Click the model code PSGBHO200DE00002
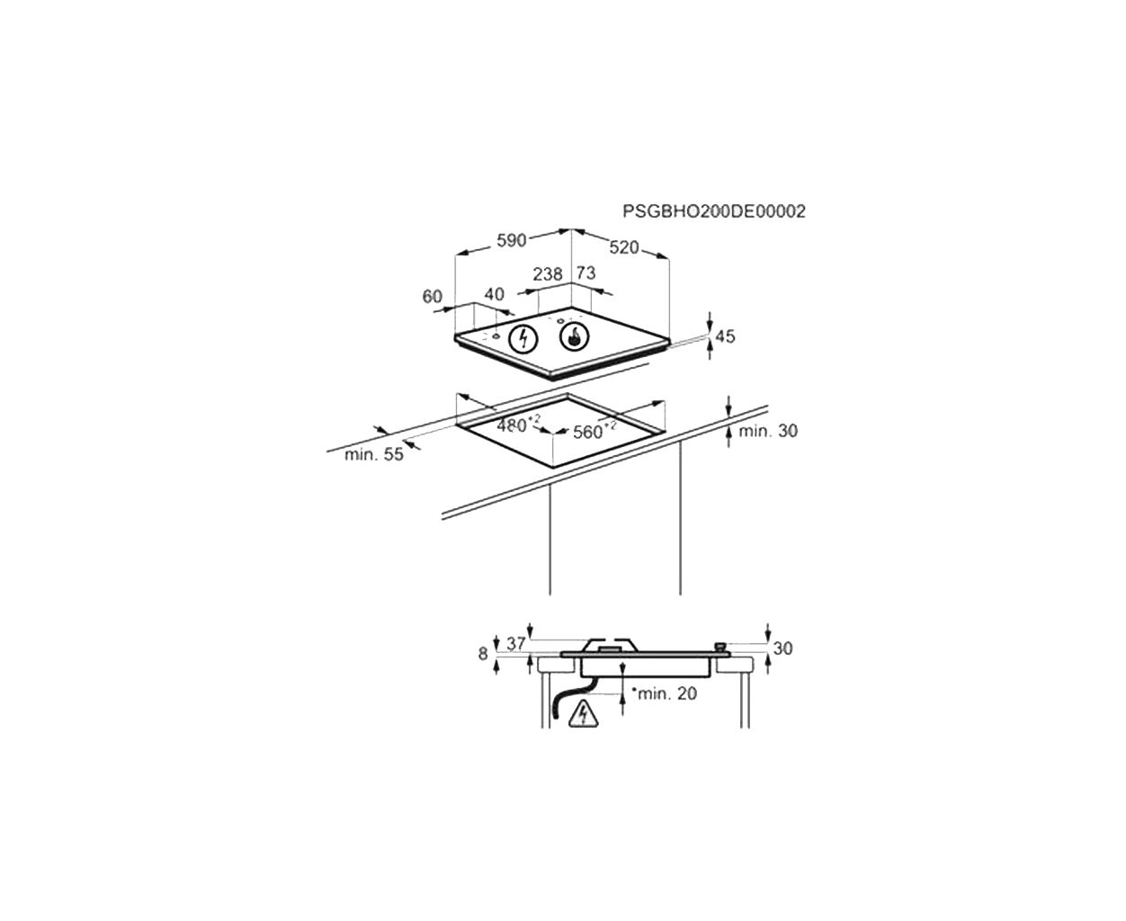click(x=714, y=211)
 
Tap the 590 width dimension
click(x=512, y=241)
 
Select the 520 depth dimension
click(x=624, y=247)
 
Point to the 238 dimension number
click(x=548, y=274)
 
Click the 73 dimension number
click(x=585, y=273)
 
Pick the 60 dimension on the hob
click(x=432, y=296)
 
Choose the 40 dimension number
click(x=494, y=294)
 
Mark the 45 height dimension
click(x=725, y=336)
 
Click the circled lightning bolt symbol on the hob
click(x=523, y=338)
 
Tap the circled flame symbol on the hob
click(x=574, y=336)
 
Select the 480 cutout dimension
click(x=519, y=425)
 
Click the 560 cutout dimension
click(x=594, y=430)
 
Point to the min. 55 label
click(x=374, y=454)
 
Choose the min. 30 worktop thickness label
click(x=768, y=431)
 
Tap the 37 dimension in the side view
click(x=515, y=644)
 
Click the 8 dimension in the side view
click(x=483, y=654)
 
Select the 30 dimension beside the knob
click(x=782, y=648)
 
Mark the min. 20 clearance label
click(x=665, y=693)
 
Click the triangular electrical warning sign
click(x=584, y=714)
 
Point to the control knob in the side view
click(x=720, y=648)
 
